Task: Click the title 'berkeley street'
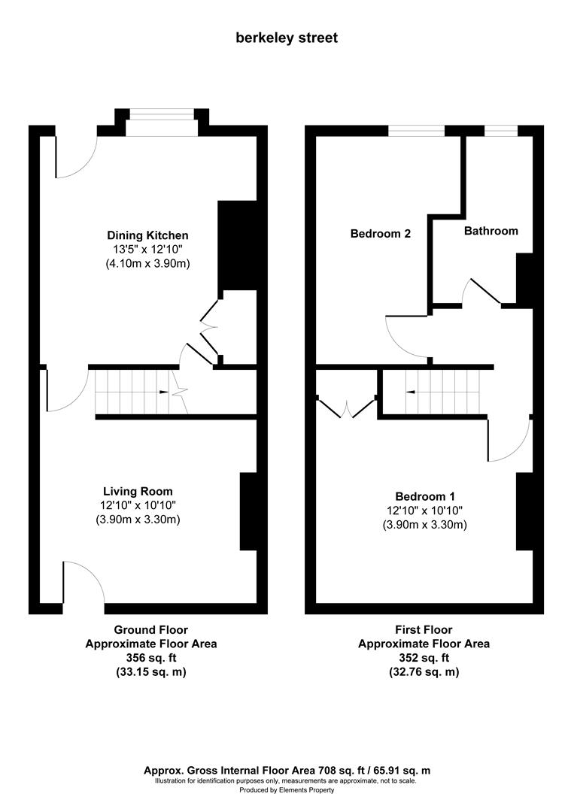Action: pyautogui.click(x=287, y=38)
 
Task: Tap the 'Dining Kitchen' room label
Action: pyautogui.click(x=147, y=235)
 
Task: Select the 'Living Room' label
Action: pyautogui.click(x=138, y=492)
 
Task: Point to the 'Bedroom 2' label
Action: pyautogui.click(x=381, y=234)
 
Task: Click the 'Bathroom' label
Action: pyautogui.click(x=490, y=231)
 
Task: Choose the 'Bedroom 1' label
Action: pyautogui.click(x=425, y=496)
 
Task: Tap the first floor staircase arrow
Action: pyautogui.click(x=411, y=392)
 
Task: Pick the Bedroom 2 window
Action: pyautogui.click(x=416, y=132)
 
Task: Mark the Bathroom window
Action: pyautogui.click(x=500, y=132)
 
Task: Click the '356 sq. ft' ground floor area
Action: pyautogui.click(x=150, y=658)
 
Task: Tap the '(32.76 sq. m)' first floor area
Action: pyautogui.click(x=424, y=672)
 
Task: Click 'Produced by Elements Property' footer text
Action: pyautogui.click(x=287, y=790)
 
